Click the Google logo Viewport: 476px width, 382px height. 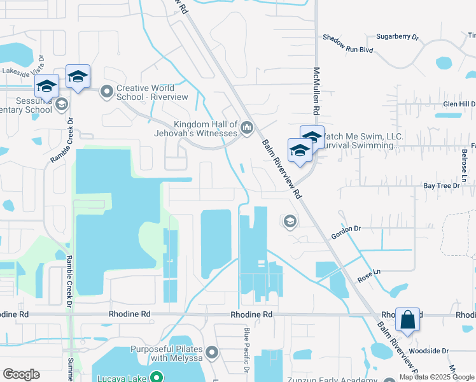click(21, 374)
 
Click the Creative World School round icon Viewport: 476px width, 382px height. click(106, 92)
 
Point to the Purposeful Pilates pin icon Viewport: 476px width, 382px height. click(213, 352)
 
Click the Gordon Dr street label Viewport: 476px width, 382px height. click(346, 232)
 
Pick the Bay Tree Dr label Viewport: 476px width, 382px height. click(442, 186)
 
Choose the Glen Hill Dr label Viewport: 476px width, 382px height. click(459, 104)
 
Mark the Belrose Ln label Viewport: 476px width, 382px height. click(465, 164)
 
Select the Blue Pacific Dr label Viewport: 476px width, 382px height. click(247, 350)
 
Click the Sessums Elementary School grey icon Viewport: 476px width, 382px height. click(62, 104)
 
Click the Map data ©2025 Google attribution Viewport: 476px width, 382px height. click(435, 377)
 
